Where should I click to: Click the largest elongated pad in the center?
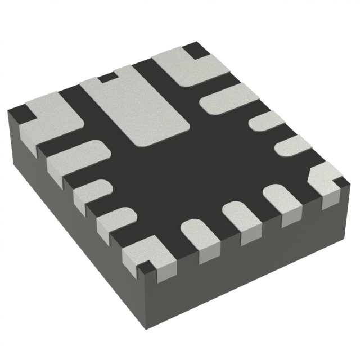click(x=138, y=107)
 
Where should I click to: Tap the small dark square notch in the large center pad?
click(x=106, y=77)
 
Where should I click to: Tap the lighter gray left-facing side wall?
click(x=67, y=225)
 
